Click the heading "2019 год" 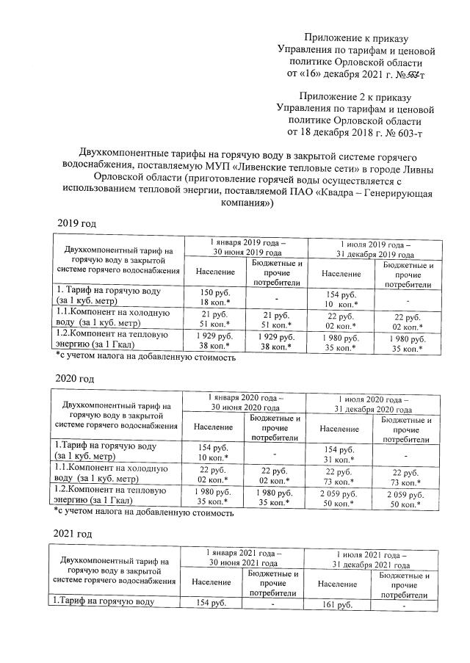pos(76,223)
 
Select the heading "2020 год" pos(76,379)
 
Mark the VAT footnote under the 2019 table pos(145,358)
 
